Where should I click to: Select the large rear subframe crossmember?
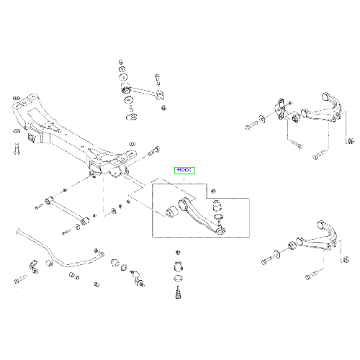(x=72, y=133)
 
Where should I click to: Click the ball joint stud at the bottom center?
(x=175, y=294)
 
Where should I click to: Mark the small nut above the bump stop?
(x=175, y=252)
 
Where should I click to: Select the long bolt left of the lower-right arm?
(x=269, y=256)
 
